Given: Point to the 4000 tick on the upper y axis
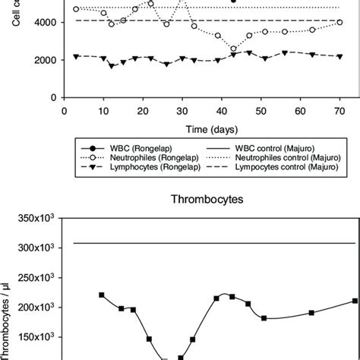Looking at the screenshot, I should pos(43,23).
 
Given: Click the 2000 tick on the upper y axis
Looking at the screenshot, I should pos(43,60).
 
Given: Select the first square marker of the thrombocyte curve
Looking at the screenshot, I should pos(101,295).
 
